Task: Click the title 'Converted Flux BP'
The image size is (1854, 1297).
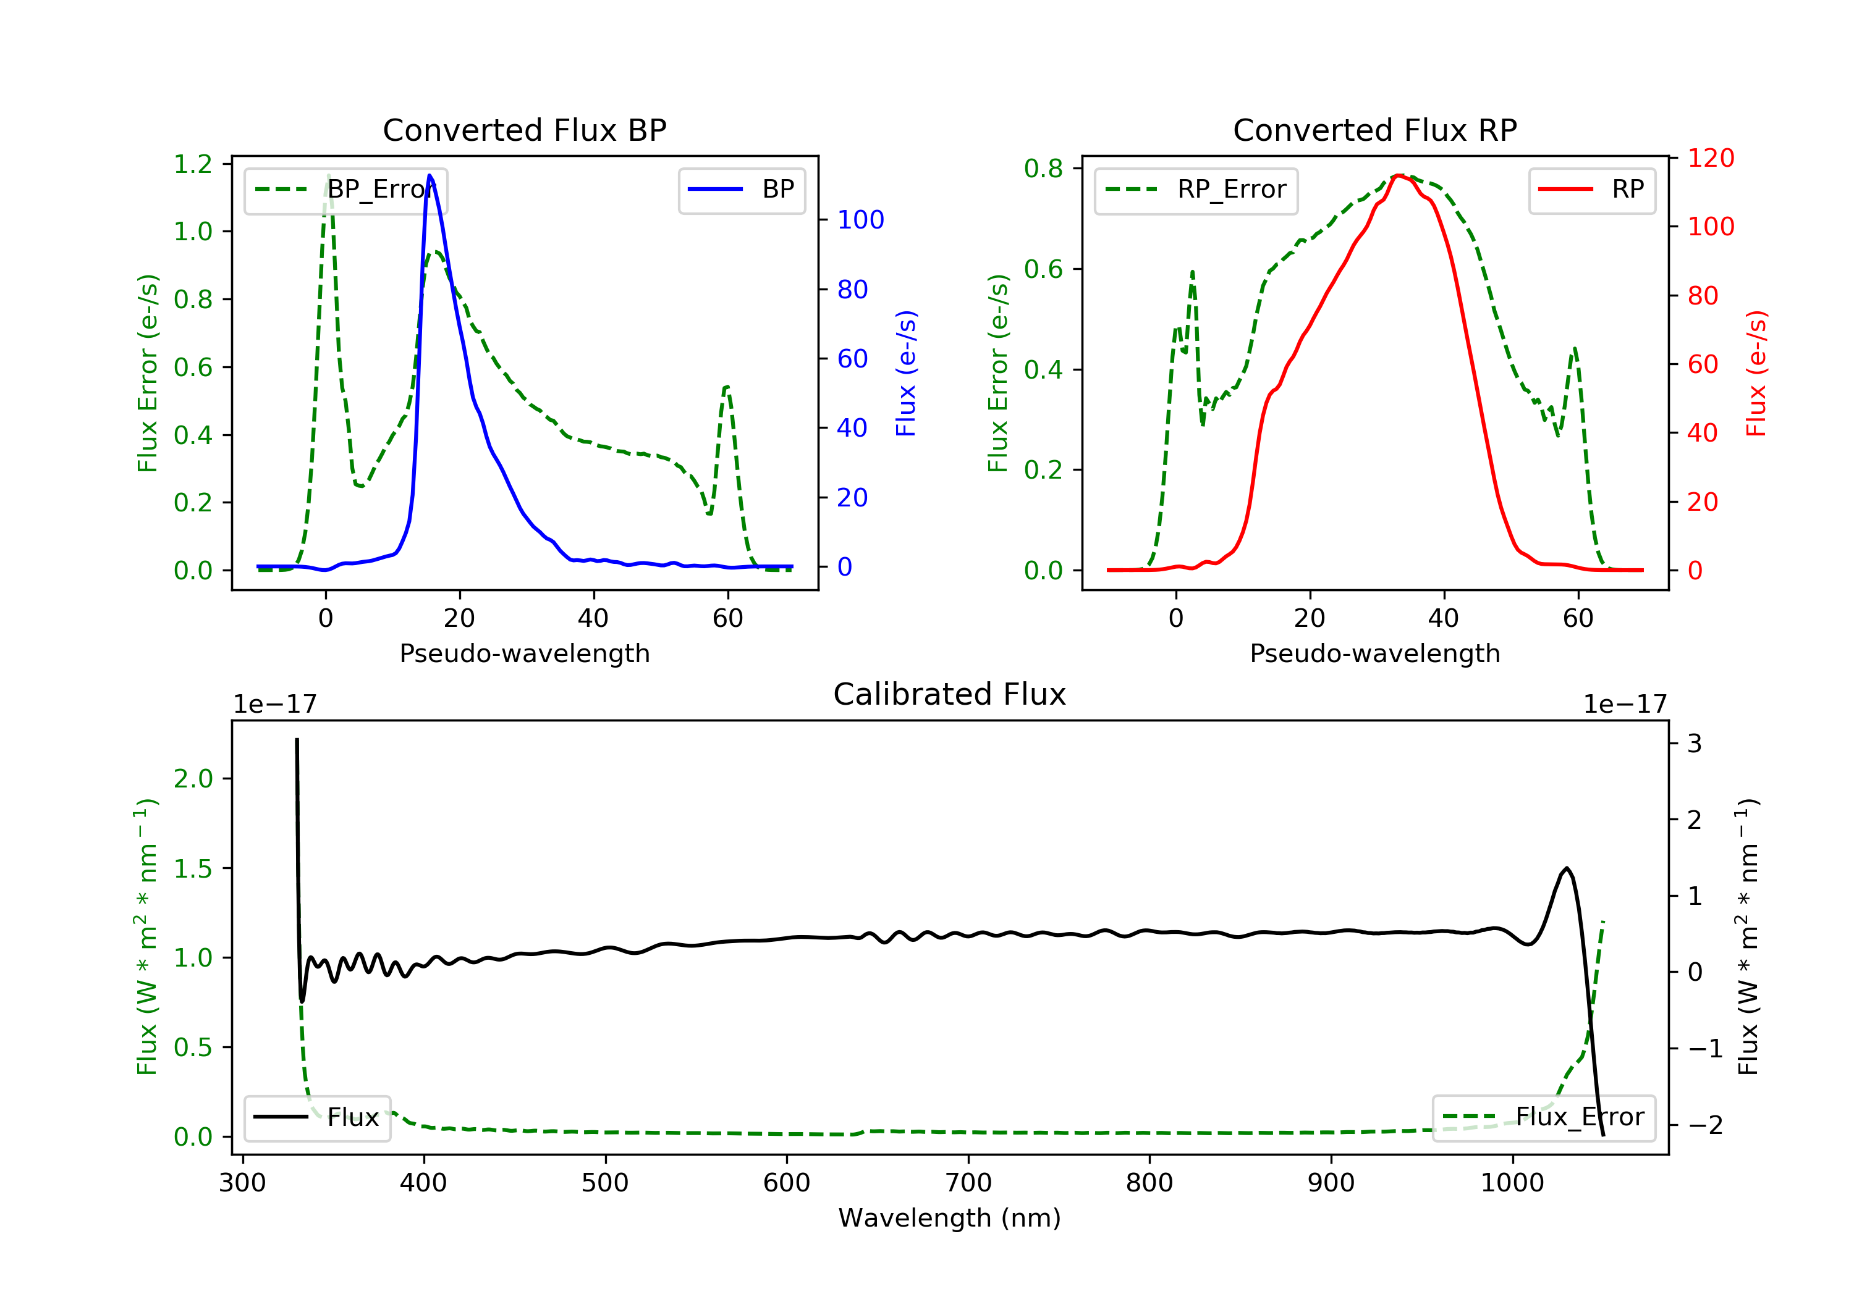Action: [524, 130]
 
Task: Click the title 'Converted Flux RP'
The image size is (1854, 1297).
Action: [1374, 130]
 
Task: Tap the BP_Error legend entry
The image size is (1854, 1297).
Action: [345, 190]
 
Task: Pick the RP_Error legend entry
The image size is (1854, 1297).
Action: [1195, 190]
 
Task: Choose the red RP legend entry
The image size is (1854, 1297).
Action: [1591, 190]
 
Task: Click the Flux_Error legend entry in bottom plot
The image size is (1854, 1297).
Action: [1543, 1117]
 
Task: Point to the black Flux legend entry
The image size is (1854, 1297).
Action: [316, 1117]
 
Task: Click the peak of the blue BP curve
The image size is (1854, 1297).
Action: [430, 175]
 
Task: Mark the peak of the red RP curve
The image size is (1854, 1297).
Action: [1399, 175]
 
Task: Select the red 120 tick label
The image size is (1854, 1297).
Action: [1710, 158]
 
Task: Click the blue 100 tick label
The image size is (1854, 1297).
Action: [860, 219]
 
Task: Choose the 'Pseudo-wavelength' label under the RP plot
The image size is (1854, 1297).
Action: [1374, 653]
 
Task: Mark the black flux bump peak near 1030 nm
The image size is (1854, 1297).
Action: [1567, 868]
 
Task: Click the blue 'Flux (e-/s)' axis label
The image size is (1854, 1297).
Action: [906, 373]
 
